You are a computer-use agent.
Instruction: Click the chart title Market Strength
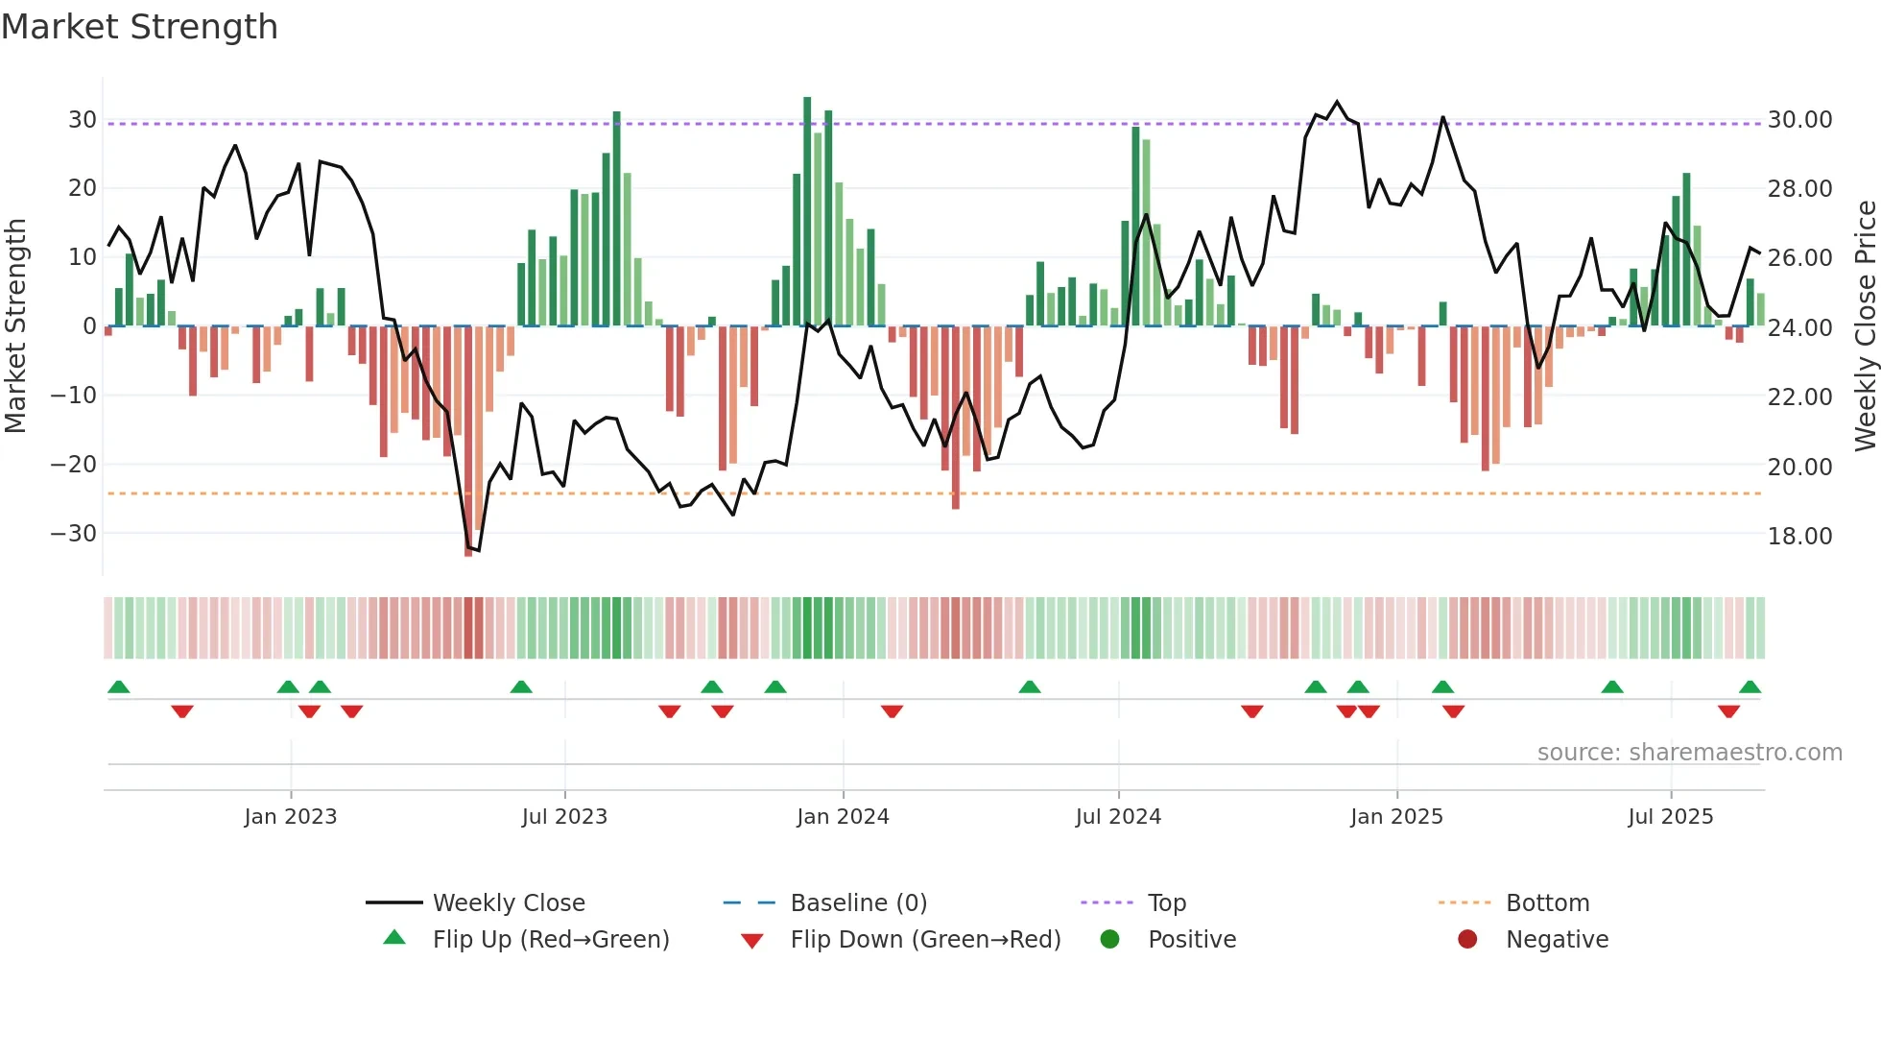click(x=139, y=27)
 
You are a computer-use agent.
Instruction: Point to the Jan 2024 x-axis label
click(x=843, y=817)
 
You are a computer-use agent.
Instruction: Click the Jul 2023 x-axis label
click(x=564, y=817)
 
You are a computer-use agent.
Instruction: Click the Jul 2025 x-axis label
click(x=1670, y=817)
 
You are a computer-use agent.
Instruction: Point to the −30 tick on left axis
click(x=74, y=534)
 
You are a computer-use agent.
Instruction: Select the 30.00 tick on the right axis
click(x=1799, y=120)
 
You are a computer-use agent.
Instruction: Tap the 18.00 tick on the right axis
click(x=1799, y=536)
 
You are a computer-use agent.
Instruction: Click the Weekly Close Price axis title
click(x=1865, y=326)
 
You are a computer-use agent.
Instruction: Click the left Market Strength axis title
click(x=16, y=326)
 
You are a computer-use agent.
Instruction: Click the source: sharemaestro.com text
click(x=1689, y=753)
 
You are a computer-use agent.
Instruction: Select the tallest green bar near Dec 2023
click(x=807, y=211)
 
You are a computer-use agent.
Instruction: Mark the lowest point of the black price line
click(x=478, y=550)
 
